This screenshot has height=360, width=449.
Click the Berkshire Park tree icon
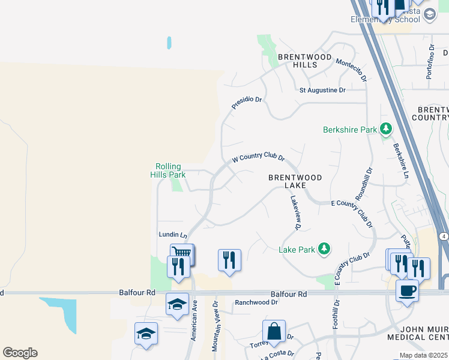(x=385, y=129)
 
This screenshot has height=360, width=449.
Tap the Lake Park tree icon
(x=324, y=249)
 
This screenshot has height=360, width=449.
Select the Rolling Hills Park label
(x=170, y=170)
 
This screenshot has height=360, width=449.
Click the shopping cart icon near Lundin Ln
(x=181, y=253)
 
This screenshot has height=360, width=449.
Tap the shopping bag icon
(x=274, y=331)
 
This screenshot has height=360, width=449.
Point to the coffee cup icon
(x=407, y=290)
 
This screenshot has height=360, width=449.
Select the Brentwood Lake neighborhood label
(x=295, y=181)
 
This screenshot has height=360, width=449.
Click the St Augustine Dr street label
(x=323, y=90)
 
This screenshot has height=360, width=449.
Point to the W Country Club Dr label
(x=258, y=157)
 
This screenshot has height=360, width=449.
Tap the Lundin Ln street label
(x=173, y=235)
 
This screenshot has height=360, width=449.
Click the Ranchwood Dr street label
(x=256, y=303)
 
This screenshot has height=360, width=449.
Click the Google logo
(x=20, y=353)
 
